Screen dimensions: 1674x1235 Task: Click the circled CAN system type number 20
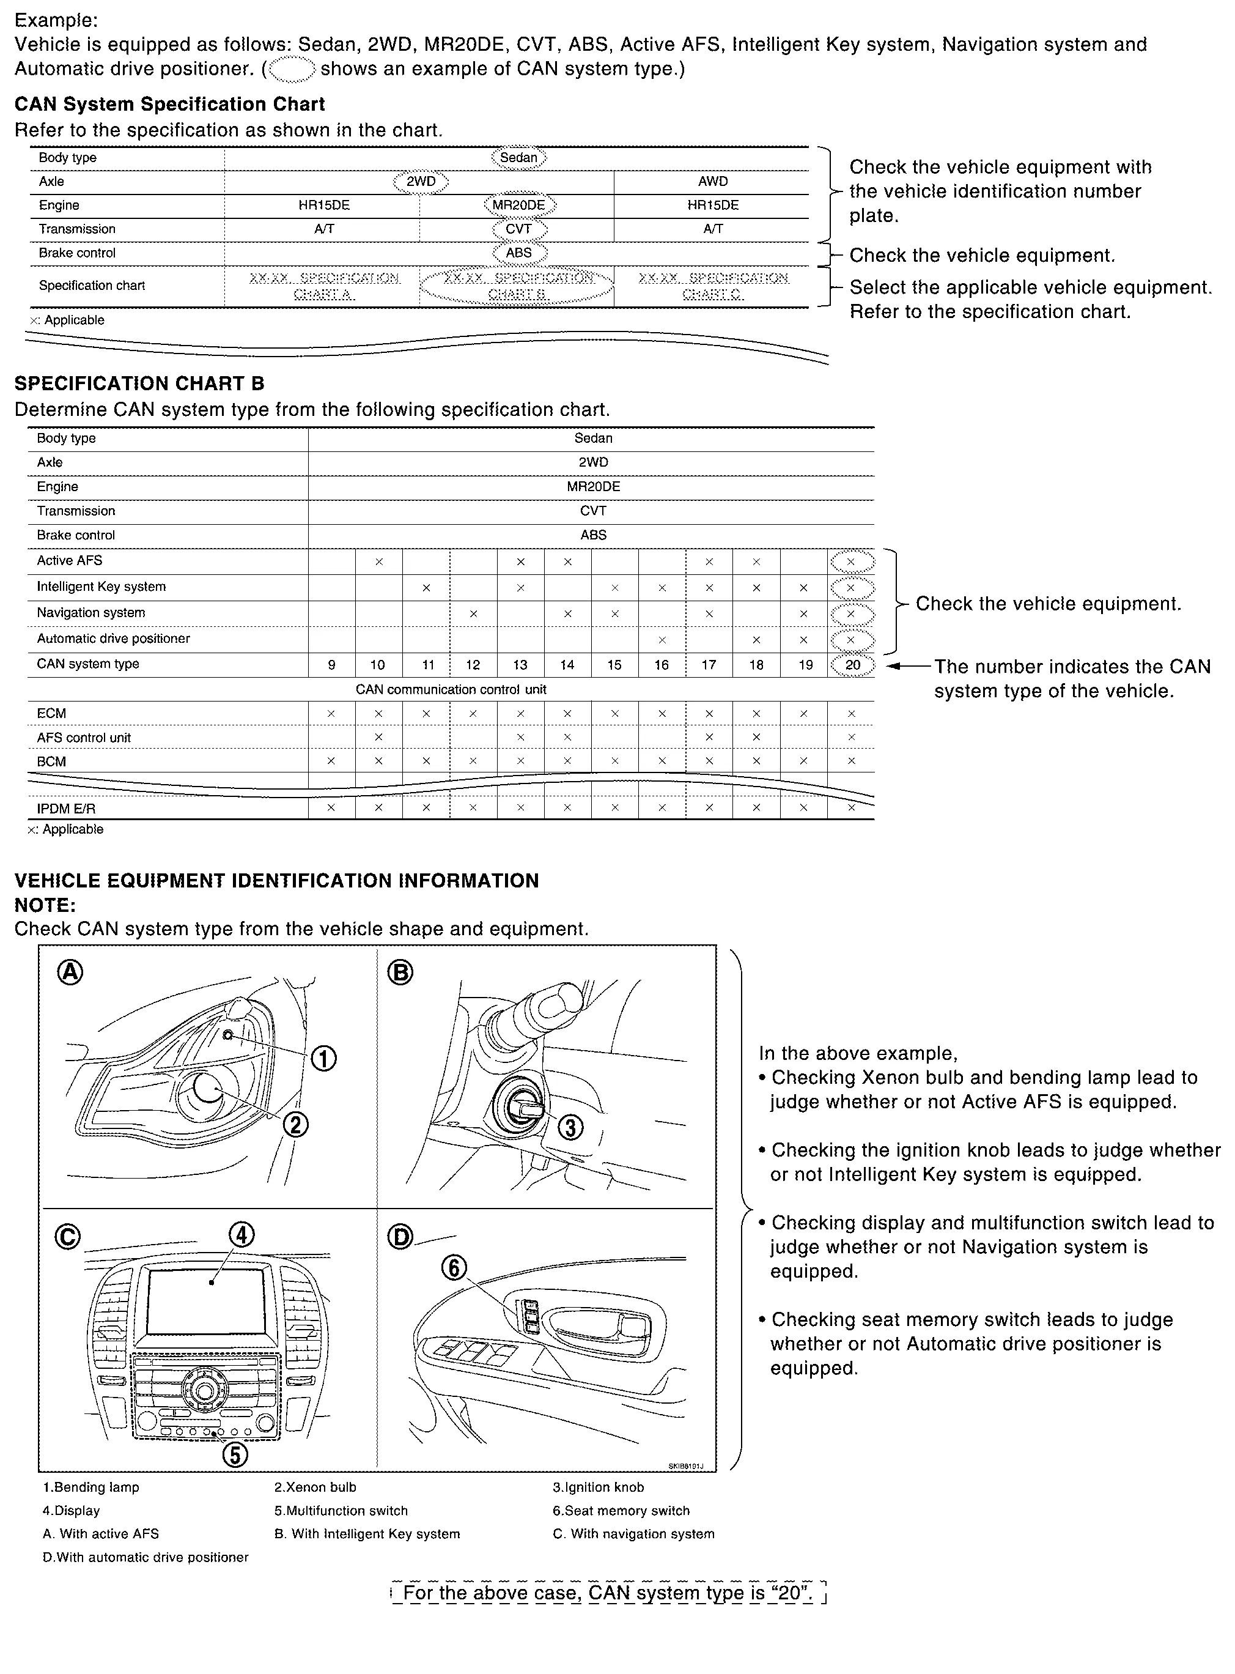click(852, 665)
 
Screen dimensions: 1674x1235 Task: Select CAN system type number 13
click(520, 665)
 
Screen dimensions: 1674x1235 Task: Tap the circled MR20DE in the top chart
click(519, 205)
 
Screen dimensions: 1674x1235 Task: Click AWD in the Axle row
click(712, 181)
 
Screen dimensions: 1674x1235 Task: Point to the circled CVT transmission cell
click(519, 229)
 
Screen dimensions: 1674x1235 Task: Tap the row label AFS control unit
click(84, 738)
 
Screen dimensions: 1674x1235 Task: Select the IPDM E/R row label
click(66, 808)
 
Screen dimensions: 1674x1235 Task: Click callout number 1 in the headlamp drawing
click(323, 1058)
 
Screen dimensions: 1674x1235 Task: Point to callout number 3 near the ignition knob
click(570, 1127)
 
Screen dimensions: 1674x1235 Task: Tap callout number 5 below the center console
click(235, 1454)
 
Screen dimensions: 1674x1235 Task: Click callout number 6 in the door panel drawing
click(454, 1267)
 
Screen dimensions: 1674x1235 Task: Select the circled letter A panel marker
click(71, 972)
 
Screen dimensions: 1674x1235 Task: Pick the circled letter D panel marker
click(400, 1237)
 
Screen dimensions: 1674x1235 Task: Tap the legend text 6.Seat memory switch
click(621, 1510)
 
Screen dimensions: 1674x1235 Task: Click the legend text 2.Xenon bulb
click(315, 1487)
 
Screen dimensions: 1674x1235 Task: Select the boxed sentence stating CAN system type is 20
click(608, 1593)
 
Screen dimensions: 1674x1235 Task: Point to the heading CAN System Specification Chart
click(170, 104)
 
